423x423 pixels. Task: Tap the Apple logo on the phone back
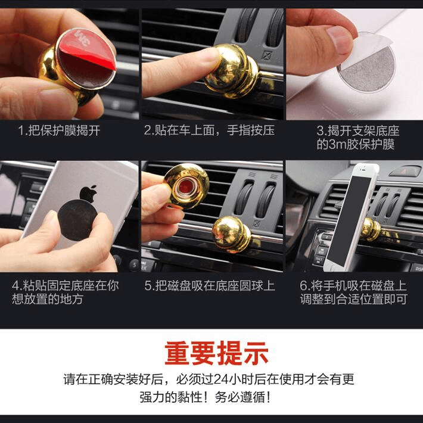coord(88,194)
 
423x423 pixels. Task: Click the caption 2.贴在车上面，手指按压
coord(209,130)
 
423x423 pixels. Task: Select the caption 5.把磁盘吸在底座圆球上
coord(209,285)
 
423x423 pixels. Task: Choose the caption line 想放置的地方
coord(48,299)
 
